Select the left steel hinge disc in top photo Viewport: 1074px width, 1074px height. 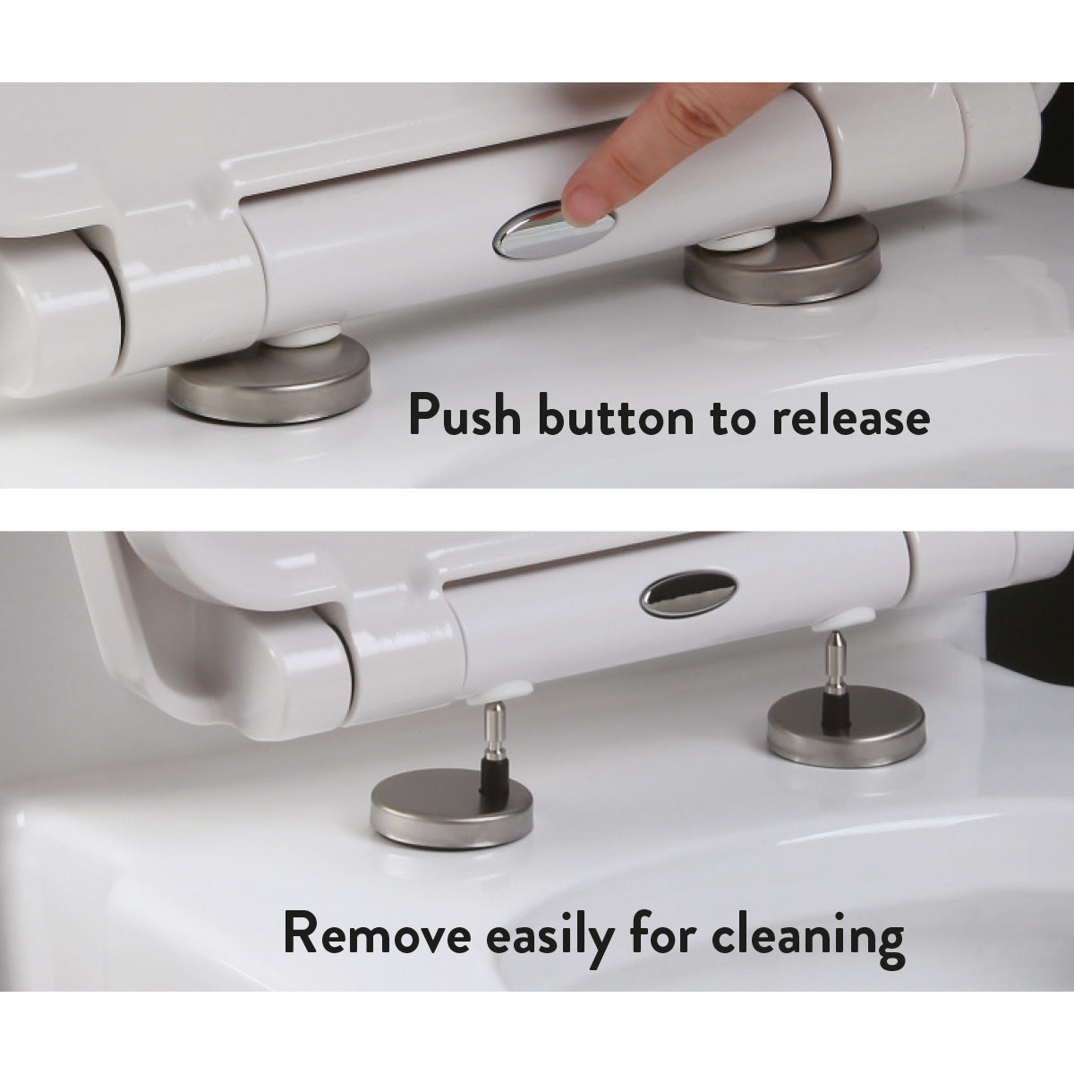pyautogui.click(x=270, y=387)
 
